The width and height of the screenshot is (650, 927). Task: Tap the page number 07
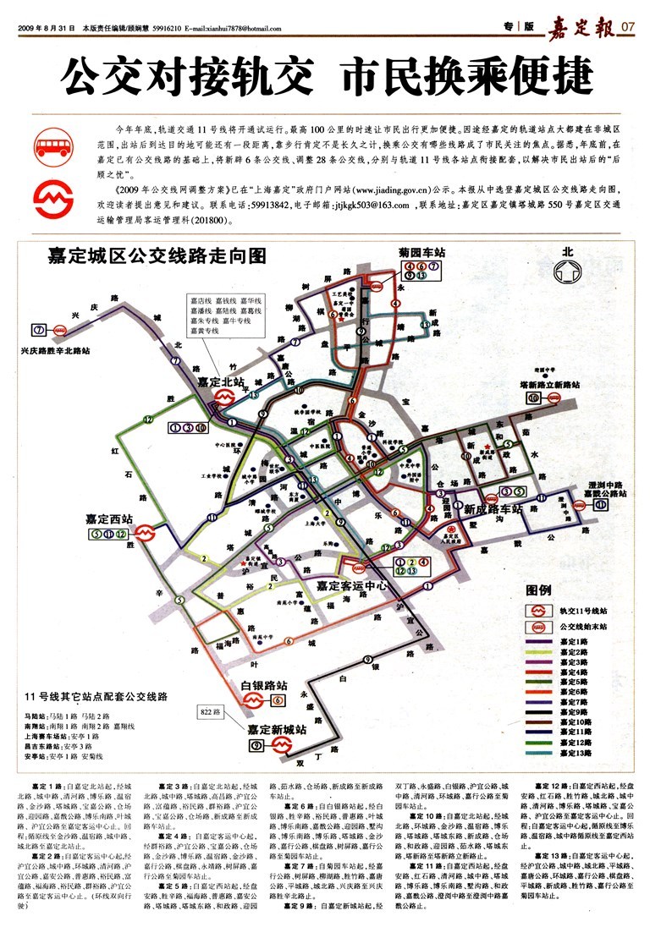(x=627, y=27)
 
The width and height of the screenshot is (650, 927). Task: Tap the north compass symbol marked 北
(x=567, y=269)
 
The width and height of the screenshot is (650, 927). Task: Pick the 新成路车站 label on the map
(x=492, y=509)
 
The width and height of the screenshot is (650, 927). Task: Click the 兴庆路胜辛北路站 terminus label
(x=55, y=349)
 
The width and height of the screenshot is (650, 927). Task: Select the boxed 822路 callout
(x=211, y=711)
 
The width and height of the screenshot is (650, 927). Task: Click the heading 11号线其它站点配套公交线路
(x=97, y=697)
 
